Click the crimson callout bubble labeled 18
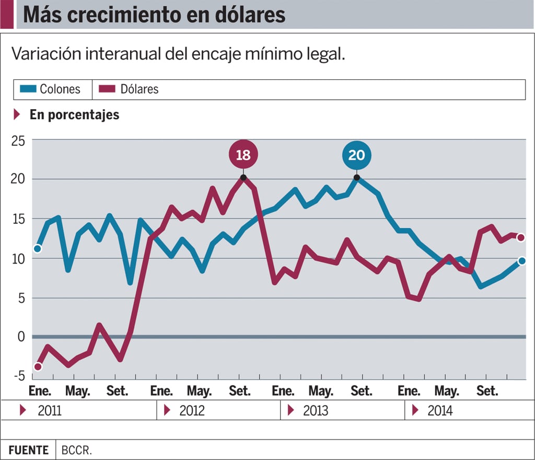pos(243,155)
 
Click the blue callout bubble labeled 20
pos(357,155)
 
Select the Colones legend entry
pos(52,89)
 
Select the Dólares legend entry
pos(131,89)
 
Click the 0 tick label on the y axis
pos(21,336)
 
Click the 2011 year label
pos(50,410)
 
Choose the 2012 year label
pos(191,410)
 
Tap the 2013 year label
pos(316,410)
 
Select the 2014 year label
pos(440,410)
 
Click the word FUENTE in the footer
pos(28,450)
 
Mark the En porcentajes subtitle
pos(74,114)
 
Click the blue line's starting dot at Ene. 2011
pos(38,248)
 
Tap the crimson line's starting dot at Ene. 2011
pos(38,367)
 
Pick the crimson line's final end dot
pos(521,237)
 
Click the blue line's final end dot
pos(521,261)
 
